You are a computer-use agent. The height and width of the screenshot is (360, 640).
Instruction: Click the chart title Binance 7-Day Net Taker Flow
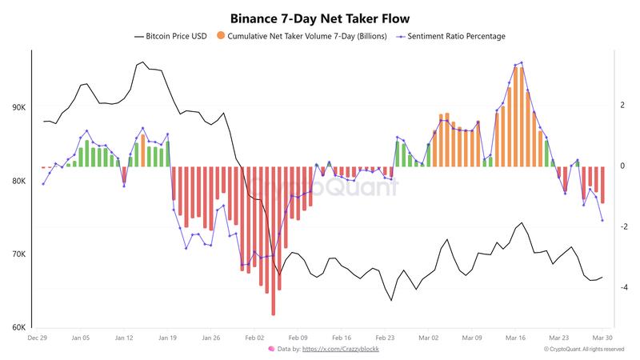(x=320, y=16)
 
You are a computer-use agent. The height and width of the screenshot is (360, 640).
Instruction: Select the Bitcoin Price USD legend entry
(x=174, y=36)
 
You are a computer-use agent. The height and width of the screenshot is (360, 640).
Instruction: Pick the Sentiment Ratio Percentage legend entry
(x=456, y=36)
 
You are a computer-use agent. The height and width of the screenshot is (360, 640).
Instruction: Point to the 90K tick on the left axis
(x=18, y=108)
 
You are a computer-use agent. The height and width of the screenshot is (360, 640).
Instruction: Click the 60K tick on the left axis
(x=18, y=328)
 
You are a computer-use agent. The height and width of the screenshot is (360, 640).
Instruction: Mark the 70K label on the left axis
(x=18, y=254)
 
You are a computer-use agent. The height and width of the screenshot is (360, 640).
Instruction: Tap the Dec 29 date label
(x=38, y=338)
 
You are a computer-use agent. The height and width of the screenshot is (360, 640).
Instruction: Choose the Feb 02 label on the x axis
(x=254, y=338)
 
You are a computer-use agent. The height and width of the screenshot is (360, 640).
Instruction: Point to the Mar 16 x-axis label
(x=515, y=338)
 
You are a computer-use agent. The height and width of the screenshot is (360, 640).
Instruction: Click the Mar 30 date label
(x=602, y=338)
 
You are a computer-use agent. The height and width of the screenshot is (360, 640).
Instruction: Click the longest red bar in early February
(x=274, y=240)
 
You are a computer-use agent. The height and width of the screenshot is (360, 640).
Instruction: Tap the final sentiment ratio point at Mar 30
(x=602, y=221)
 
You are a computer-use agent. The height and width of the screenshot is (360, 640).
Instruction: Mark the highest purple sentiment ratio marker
(x=522, y=62)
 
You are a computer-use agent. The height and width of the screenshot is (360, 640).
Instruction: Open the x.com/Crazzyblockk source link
(x=329, y=350)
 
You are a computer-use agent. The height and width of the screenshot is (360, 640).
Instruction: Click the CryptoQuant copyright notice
(x=583, y=350)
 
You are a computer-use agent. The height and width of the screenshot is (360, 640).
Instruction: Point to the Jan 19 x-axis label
(x=167, y=338)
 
